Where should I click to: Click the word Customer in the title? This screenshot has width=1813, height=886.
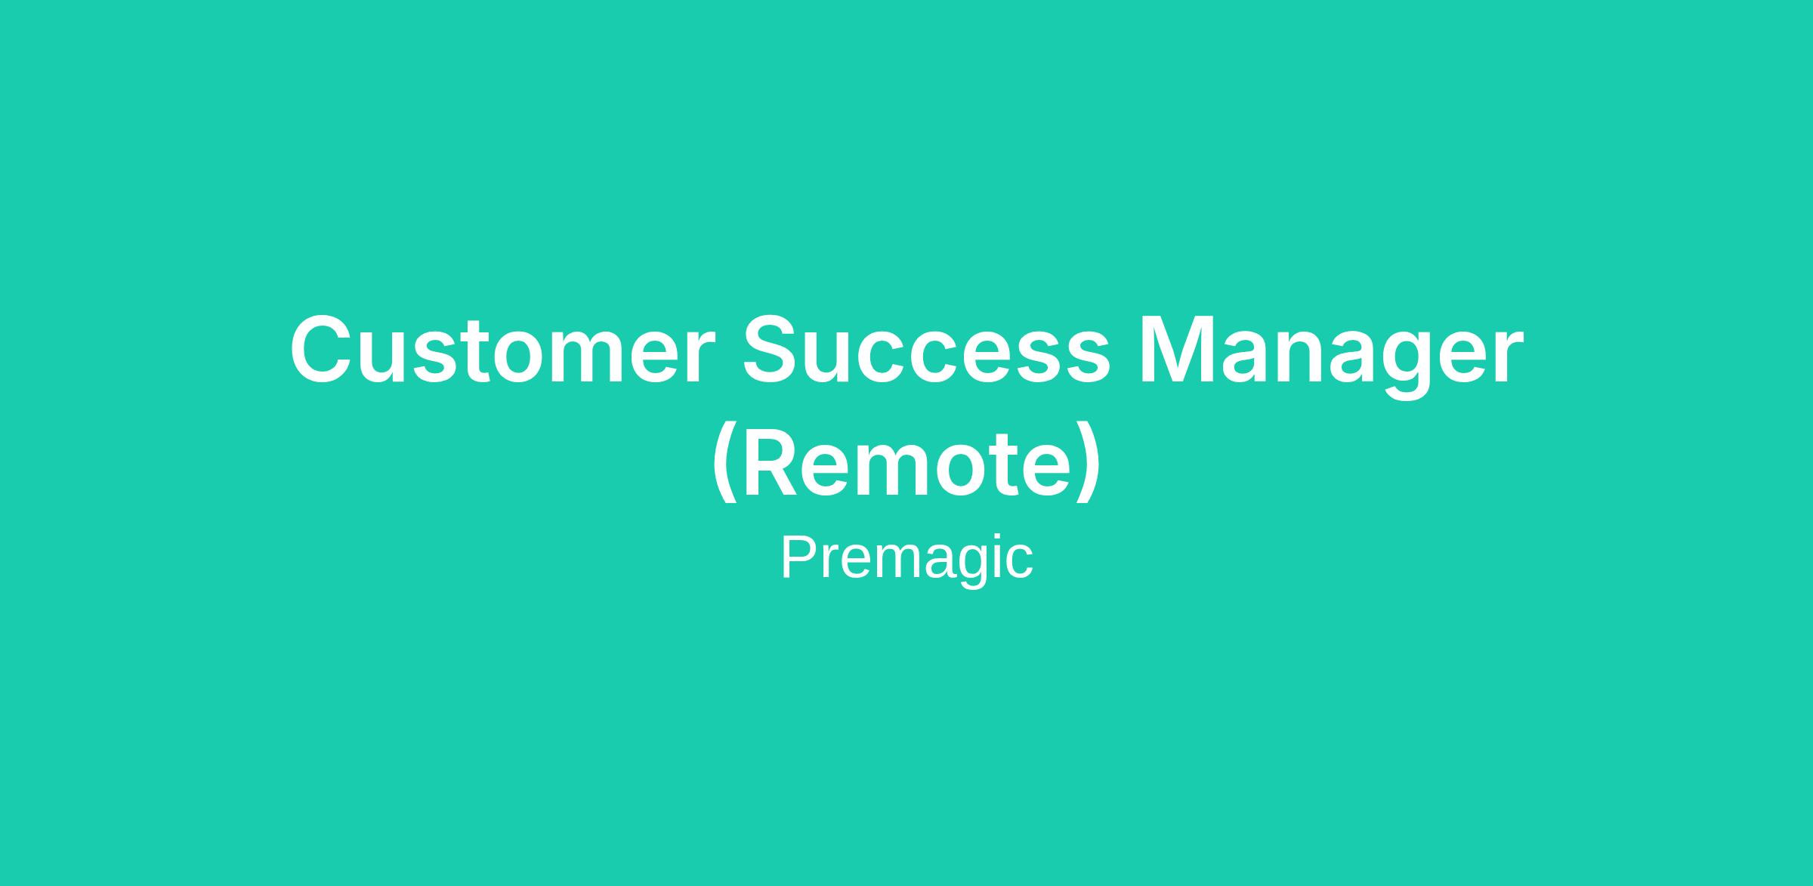point(502,348)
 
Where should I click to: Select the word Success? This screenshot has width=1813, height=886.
point(927,348)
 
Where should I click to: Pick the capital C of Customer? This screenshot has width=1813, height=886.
point(323,349)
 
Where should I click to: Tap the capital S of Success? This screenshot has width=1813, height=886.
point(774,349)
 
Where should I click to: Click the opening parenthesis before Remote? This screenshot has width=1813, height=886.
point(724,462)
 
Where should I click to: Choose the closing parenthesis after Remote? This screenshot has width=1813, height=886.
point(1089,462)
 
